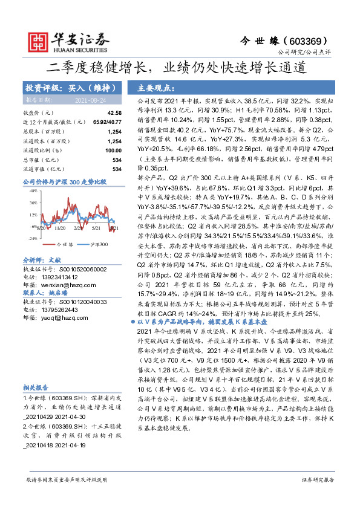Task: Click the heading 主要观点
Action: [156, 88]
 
